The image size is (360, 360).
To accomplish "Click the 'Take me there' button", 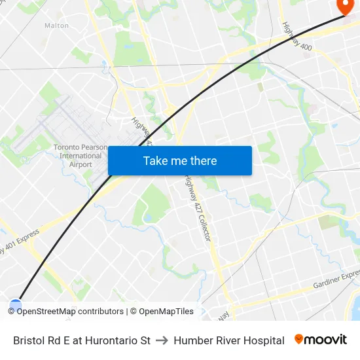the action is [x=180, y=161].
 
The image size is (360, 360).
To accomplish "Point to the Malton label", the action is [x=56, y=26].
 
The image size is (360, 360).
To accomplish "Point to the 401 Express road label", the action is [x=20, y=242].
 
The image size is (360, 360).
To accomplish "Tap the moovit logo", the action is [x=321, y=340].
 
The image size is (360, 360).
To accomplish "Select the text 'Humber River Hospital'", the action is [x=229, y=340].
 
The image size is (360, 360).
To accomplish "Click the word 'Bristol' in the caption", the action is [x=28, y=340].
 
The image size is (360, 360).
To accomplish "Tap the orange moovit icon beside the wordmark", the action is [x=299, y=339].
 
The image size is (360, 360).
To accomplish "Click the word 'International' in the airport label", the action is [x=81, y=156].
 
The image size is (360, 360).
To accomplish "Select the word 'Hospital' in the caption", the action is [x=264, y=340].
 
